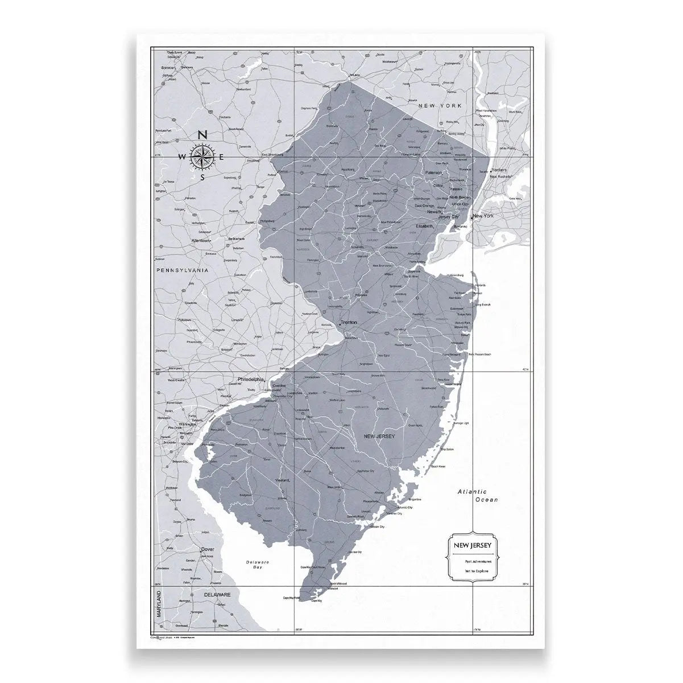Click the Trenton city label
[x=350, y=322]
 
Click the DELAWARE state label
[x=217, y=594]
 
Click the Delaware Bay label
[x=258, y=565]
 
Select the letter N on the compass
[x=202, y=135]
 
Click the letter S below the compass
[x=202, y=177]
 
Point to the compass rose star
[x=202, y=157]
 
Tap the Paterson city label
[x=434, y=172]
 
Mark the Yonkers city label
[x=499, y=170]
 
